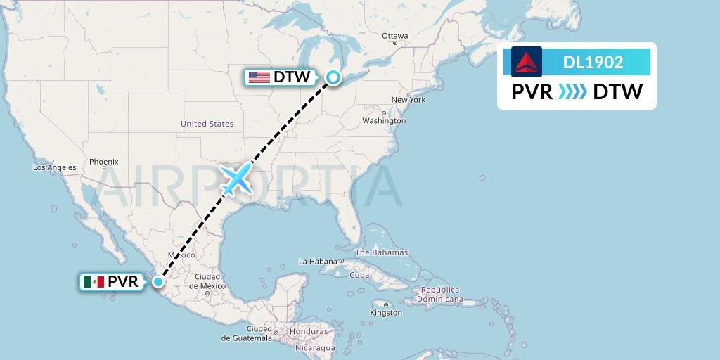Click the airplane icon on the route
coord(237,179)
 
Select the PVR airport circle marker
coord(158,282)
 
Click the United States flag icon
coord(259,77)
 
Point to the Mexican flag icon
coord(94,282)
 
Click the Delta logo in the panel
coord(526,62)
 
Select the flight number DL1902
coord(593,62)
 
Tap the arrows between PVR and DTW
coord(572,92)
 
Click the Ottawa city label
coord(394,36)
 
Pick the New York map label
coord(409,100)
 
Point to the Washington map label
coord(384,120)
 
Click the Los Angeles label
coord(54,167)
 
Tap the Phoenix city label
coord(103,162)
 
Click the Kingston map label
coord(386,313)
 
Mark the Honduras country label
coord(308,332)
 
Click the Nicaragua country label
coord(315,347)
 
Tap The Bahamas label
coord(382,252)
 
